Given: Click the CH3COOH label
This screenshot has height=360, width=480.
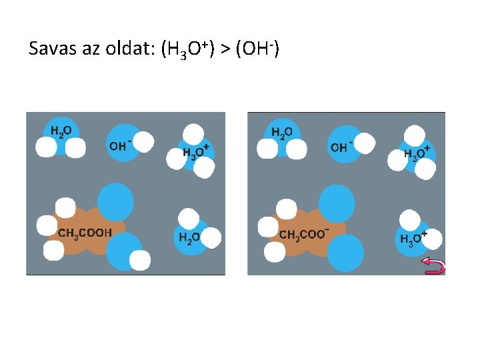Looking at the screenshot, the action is tap(85, 233).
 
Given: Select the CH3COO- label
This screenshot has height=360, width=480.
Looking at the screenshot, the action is tap(304, 234).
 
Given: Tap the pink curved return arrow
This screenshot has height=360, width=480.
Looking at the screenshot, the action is tap(433, 267).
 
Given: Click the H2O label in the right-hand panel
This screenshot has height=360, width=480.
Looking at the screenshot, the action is tap(282, 133).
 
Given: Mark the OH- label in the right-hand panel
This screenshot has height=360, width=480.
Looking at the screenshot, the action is tap(341, 147).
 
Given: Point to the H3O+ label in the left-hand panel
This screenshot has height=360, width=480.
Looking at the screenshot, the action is tap(196, 153).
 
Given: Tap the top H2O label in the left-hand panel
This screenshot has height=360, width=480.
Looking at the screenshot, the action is tap(61, 133).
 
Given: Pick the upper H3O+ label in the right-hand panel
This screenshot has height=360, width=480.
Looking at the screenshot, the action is tap(417, 153).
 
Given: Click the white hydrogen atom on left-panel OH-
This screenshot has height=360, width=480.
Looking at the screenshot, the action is tap(144, 141).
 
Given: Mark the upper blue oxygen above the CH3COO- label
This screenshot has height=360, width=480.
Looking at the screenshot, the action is tap(337, 203).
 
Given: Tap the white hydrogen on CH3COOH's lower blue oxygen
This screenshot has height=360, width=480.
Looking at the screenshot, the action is tap(140, 260).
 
